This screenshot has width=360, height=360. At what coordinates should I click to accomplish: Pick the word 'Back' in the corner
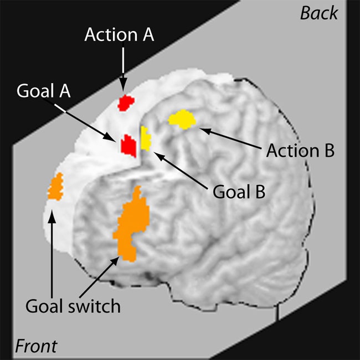click(318, 13)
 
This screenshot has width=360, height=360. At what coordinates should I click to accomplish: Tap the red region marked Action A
click(127, 103)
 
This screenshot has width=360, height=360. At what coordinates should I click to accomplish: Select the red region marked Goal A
click(128, 145)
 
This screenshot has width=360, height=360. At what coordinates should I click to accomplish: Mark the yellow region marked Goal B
click(146, 138)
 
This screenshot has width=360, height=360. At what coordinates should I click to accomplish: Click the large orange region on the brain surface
click(132, 224)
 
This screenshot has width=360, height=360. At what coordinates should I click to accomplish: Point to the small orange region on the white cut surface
click(55, 187)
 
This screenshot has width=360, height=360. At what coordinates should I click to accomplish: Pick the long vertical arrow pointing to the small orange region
click(52, 255)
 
